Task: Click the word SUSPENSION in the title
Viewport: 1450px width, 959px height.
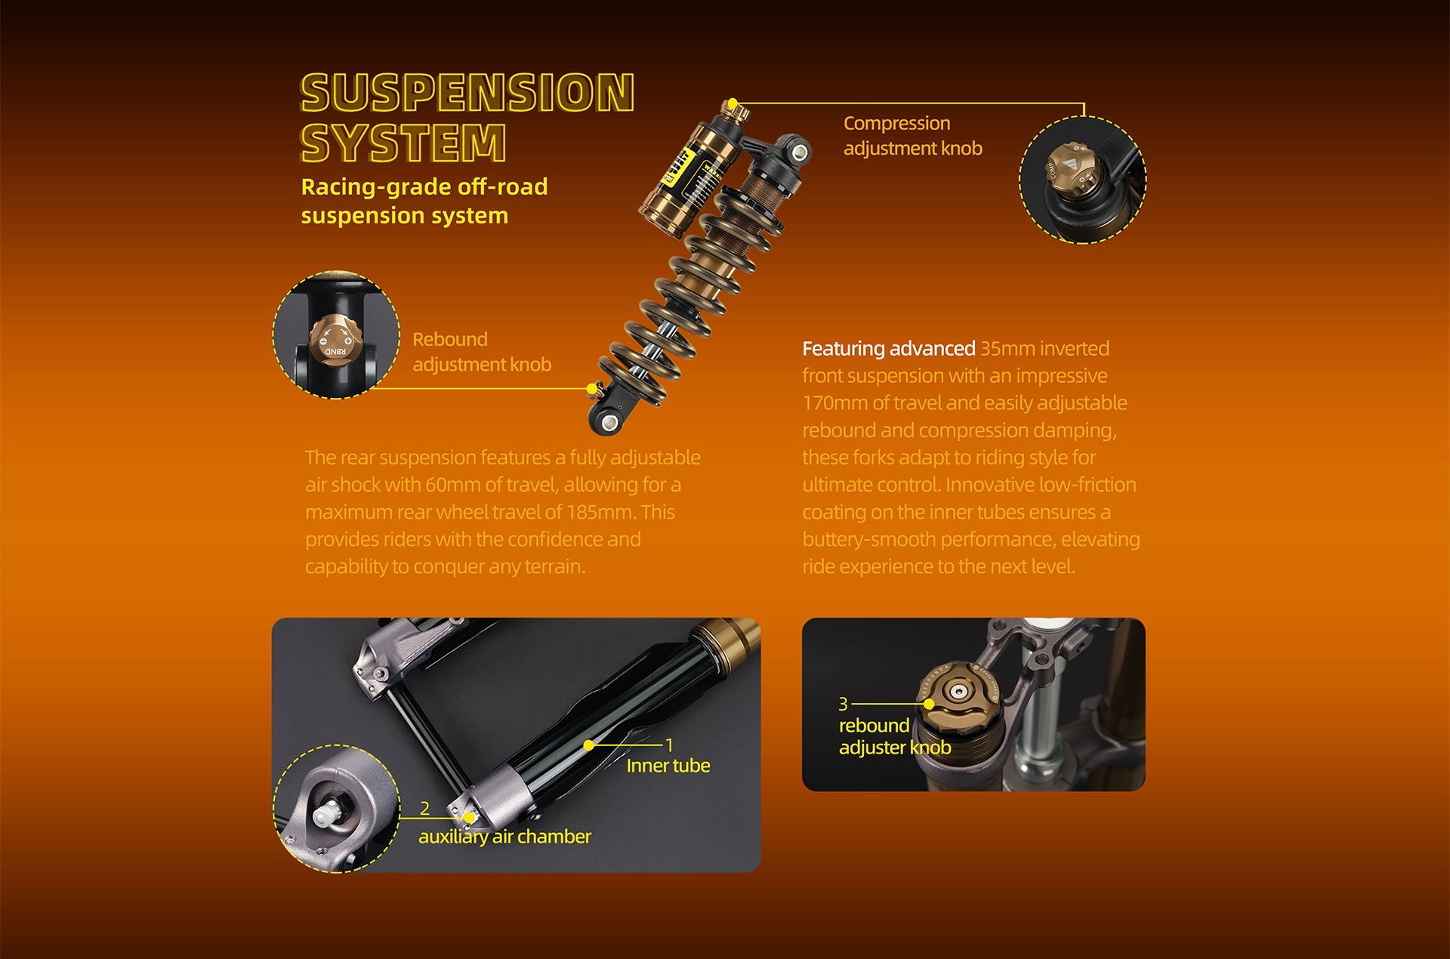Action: click(x=467, y=93)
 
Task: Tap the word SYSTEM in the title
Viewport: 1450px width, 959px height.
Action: click(x=403, y=143)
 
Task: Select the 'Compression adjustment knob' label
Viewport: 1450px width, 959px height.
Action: click(x=912, y=135)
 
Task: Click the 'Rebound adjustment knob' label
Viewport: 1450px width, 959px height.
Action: click(x=482, y=351)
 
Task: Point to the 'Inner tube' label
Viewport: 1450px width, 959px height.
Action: click(x=668, y=766)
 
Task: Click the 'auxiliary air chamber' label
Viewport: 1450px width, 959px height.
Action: click(x=504, y=837)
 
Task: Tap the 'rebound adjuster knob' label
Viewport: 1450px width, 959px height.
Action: click(x=895, y=736)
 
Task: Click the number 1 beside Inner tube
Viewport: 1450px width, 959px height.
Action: click(x=669, y=745)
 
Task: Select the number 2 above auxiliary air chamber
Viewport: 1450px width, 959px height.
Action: click(x=424, y=809)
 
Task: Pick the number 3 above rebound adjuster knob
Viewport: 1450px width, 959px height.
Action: click(x=844, y=704)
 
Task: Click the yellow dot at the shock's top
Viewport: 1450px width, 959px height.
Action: click(x=732, y=103)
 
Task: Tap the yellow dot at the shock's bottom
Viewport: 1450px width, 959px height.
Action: click(x=592, y=389)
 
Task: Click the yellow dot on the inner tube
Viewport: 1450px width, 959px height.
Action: click(x=589, y=745)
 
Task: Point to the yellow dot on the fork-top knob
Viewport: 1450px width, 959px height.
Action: click(x=929, y=704)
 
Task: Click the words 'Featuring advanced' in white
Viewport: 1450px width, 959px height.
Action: click(x=889, y=349)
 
